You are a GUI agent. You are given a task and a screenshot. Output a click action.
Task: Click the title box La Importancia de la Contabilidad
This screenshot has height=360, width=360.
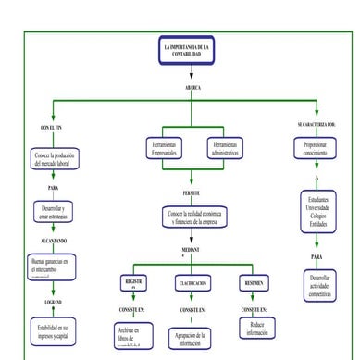[x=186, y=51]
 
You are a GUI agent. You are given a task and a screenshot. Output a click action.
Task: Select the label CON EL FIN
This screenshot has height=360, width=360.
[x=52, y=126]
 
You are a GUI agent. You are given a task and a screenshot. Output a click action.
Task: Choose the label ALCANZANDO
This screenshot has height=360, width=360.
[x=53, y=238]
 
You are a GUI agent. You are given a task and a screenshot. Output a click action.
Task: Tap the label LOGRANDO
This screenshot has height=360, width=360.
[x=53, y=302]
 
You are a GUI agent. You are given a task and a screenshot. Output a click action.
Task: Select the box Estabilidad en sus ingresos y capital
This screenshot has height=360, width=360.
[x=53, y=330]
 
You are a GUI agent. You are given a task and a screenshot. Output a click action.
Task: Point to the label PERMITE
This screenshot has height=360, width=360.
[x=192, y=192]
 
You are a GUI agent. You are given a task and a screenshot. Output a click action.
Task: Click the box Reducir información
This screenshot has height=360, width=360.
[x=258, y=329]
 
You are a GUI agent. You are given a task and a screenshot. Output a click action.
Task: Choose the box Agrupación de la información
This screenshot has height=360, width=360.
[x=194, y=337]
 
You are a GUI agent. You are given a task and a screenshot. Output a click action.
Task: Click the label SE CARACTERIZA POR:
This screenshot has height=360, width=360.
[x=316, y=123]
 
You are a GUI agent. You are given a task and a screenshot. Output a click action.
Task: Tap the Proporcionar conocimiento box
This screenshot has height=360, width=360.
[x=316, y=149]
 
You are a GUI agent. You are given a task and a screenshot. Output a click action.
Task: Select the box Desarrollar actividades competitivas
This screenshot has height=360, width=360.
[x=319, y=286]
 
